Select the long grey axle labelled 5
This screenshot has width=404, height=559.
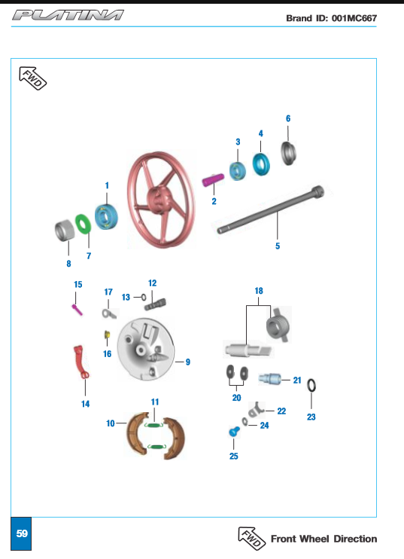click(271, 210)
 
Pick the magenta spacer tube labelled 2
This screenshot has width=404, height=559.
click(213, 179)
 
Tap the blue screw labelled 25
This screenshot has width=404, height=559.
click(234, 432)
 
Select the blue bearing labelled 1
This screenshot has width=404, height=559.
click(106, 217)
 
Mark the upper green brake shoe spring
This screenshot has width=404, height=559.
click(154, 425)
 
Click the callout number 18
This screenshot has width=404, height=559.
click(259, 291)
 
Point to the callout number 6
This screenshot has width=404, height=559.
click(288, 118)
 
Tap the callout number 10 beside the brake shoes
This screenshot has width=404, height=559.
click(111, 423)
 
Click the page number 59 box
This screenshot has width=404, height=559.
click(21, 533)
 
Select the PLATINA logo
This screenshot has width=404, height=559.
click(68, 15)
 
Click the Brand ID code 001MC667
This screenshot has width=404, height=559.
click(354, 18)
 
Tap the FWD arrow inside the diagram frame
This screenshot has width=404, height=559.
click(33, 78)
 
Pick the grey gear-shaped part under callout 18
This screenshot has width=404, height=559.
click(278, 325)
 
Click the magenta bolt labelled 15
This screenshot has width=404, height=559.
click(77, 309)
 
